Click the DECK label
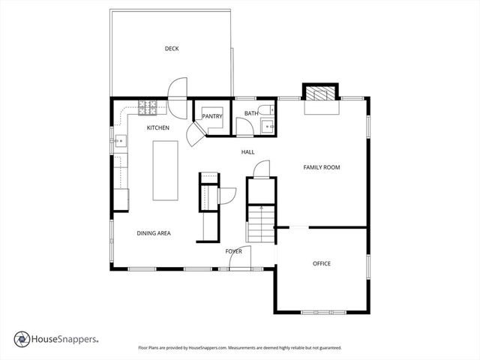172,49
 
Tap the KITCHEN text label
157,128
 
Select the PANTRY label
212,116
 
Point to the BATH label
250,114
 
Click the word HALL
247,152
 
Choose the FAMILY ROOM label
321,167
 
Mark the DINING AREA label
154,233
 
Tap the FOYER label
233,251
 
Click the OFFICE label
322,263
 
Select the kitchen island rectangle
165,170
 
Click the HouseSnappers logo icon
22,339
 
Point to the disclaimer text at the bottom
240,348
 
